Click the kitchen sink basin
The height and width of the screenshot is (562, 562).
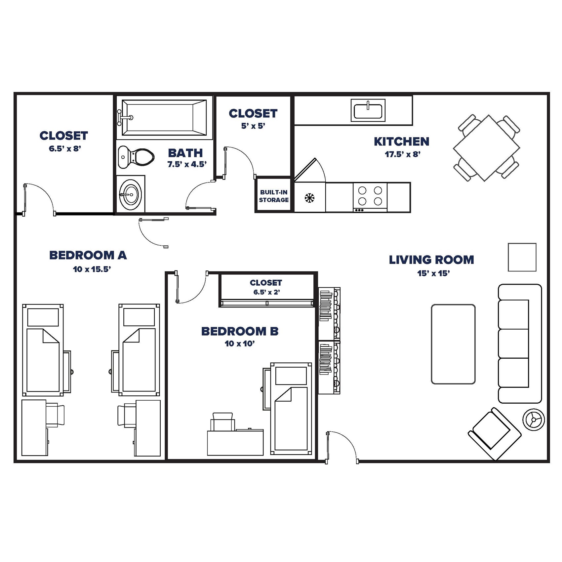368,111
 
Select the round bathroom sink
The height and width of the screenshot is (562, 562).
131,194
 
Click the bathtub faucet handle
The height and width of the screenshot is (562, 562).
126,117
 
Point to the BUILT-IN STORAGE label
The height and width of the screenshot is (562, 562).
273,196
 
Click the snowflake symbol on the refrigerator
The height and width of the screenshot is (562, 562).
309,198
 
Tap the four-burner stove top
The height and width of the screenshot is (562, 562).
370,196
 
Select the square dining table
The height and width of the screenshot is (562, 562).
486,148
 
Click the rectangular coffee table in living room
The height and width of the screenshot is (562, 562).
453,344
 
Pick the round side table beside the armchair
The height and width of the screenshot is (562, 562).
533,420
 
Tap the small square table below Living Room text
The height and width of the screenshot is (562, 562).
522,257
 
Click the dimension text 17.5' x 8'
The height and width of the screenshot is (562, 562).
402,154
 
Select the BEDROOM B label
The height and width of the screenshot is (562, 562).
240,331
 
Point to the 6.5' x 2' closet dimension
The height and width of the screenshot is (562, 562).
266,292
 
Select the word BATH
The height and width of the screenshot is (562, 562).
185,153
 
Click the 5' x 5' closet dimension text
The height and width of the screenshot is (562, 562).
253,126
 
